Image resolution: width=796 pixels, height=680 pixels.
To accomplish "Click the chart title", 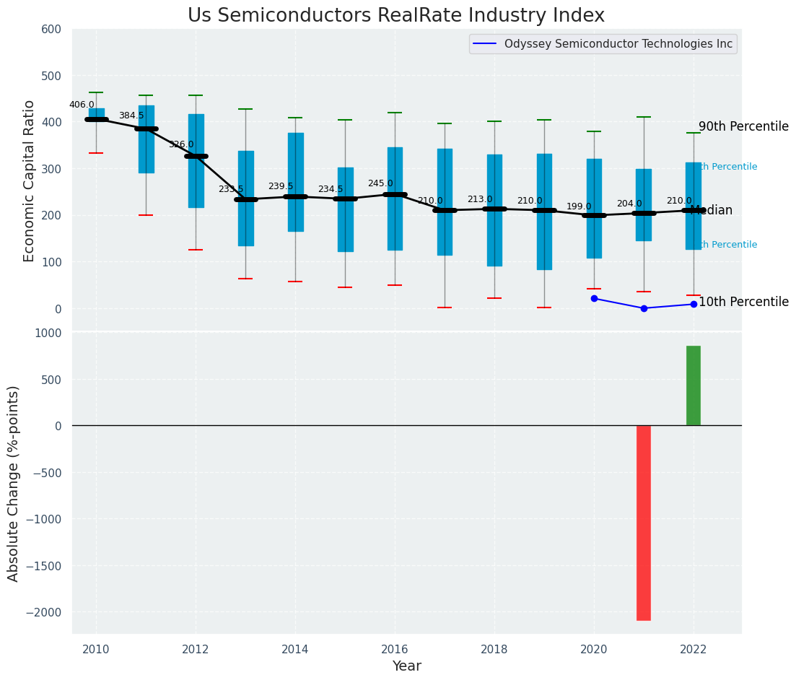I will click(x=396, y=16).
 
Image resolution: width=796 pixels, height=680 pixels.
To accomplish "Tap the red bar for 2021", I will click(x=644, y=523).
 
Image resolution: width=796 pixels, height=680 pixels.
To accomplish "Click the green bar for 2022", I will click(x=694, y=385).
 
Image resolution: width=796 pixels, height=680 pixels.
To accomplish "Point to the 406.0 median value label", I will click(x=82, y=105).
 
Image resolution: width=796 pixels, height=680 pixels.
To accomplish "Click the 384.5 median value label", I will click(x=131, y=115).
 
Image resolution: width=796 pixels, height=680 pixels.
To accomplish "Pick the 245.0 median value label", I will click(x=380, y=183).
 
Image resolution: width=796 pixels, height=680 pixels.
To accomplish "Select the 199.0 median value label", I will click(x=579, y=206).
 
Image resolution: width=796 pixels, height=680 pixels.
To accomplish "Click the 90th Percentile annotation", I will click(x=743, y=126).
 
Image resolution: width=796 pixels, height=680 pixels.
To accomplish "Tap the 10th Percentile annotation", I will click(x=743, y=302).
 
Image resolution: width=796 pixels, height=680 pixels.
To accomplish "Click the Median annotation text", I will click(x=712, y=211).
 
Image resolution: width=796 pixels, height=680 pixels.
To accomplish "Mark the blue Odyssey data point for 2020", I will click(x=594, y=298).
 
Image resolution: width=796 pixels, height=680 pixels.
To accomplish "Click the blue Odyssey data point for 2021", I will click(x=644, y=308).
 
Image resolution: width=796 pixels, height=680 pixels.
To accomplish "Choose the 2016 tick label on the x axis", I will click(x=395, y=650).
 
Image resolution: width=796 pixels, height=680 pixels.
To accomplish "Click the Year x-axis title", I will click(x=406, y=666).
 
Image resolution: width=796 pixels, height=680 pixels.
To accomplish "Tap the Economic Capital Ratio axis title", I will click(x=30, y=180).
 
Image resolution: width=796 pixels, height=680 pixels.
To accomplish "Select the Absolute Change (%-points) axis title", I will click(x=14, y=483).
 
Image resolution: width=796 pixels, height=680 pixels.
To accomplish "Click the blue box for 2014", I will click(x=295, y=182).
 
